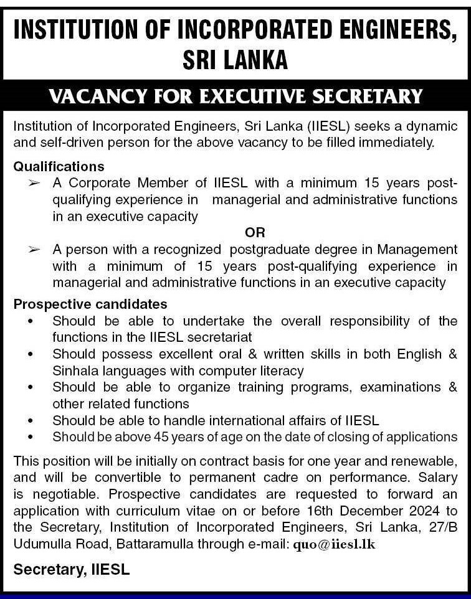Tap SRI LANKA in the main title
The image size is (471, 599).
(x=235, y=60)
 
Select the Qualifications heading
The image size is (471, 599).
(x=59, y=166)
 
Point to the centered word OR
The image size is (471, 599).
(x=255, y=232)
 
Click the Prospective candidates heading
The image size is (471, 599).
(x=90, y=304)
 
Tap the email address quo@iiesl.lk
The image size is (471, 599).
(x=334, y=544)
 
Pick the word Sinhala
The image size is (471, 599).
(x=77, y=371)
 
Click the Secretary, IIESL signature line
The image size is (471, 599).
(x=72, y=570)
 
